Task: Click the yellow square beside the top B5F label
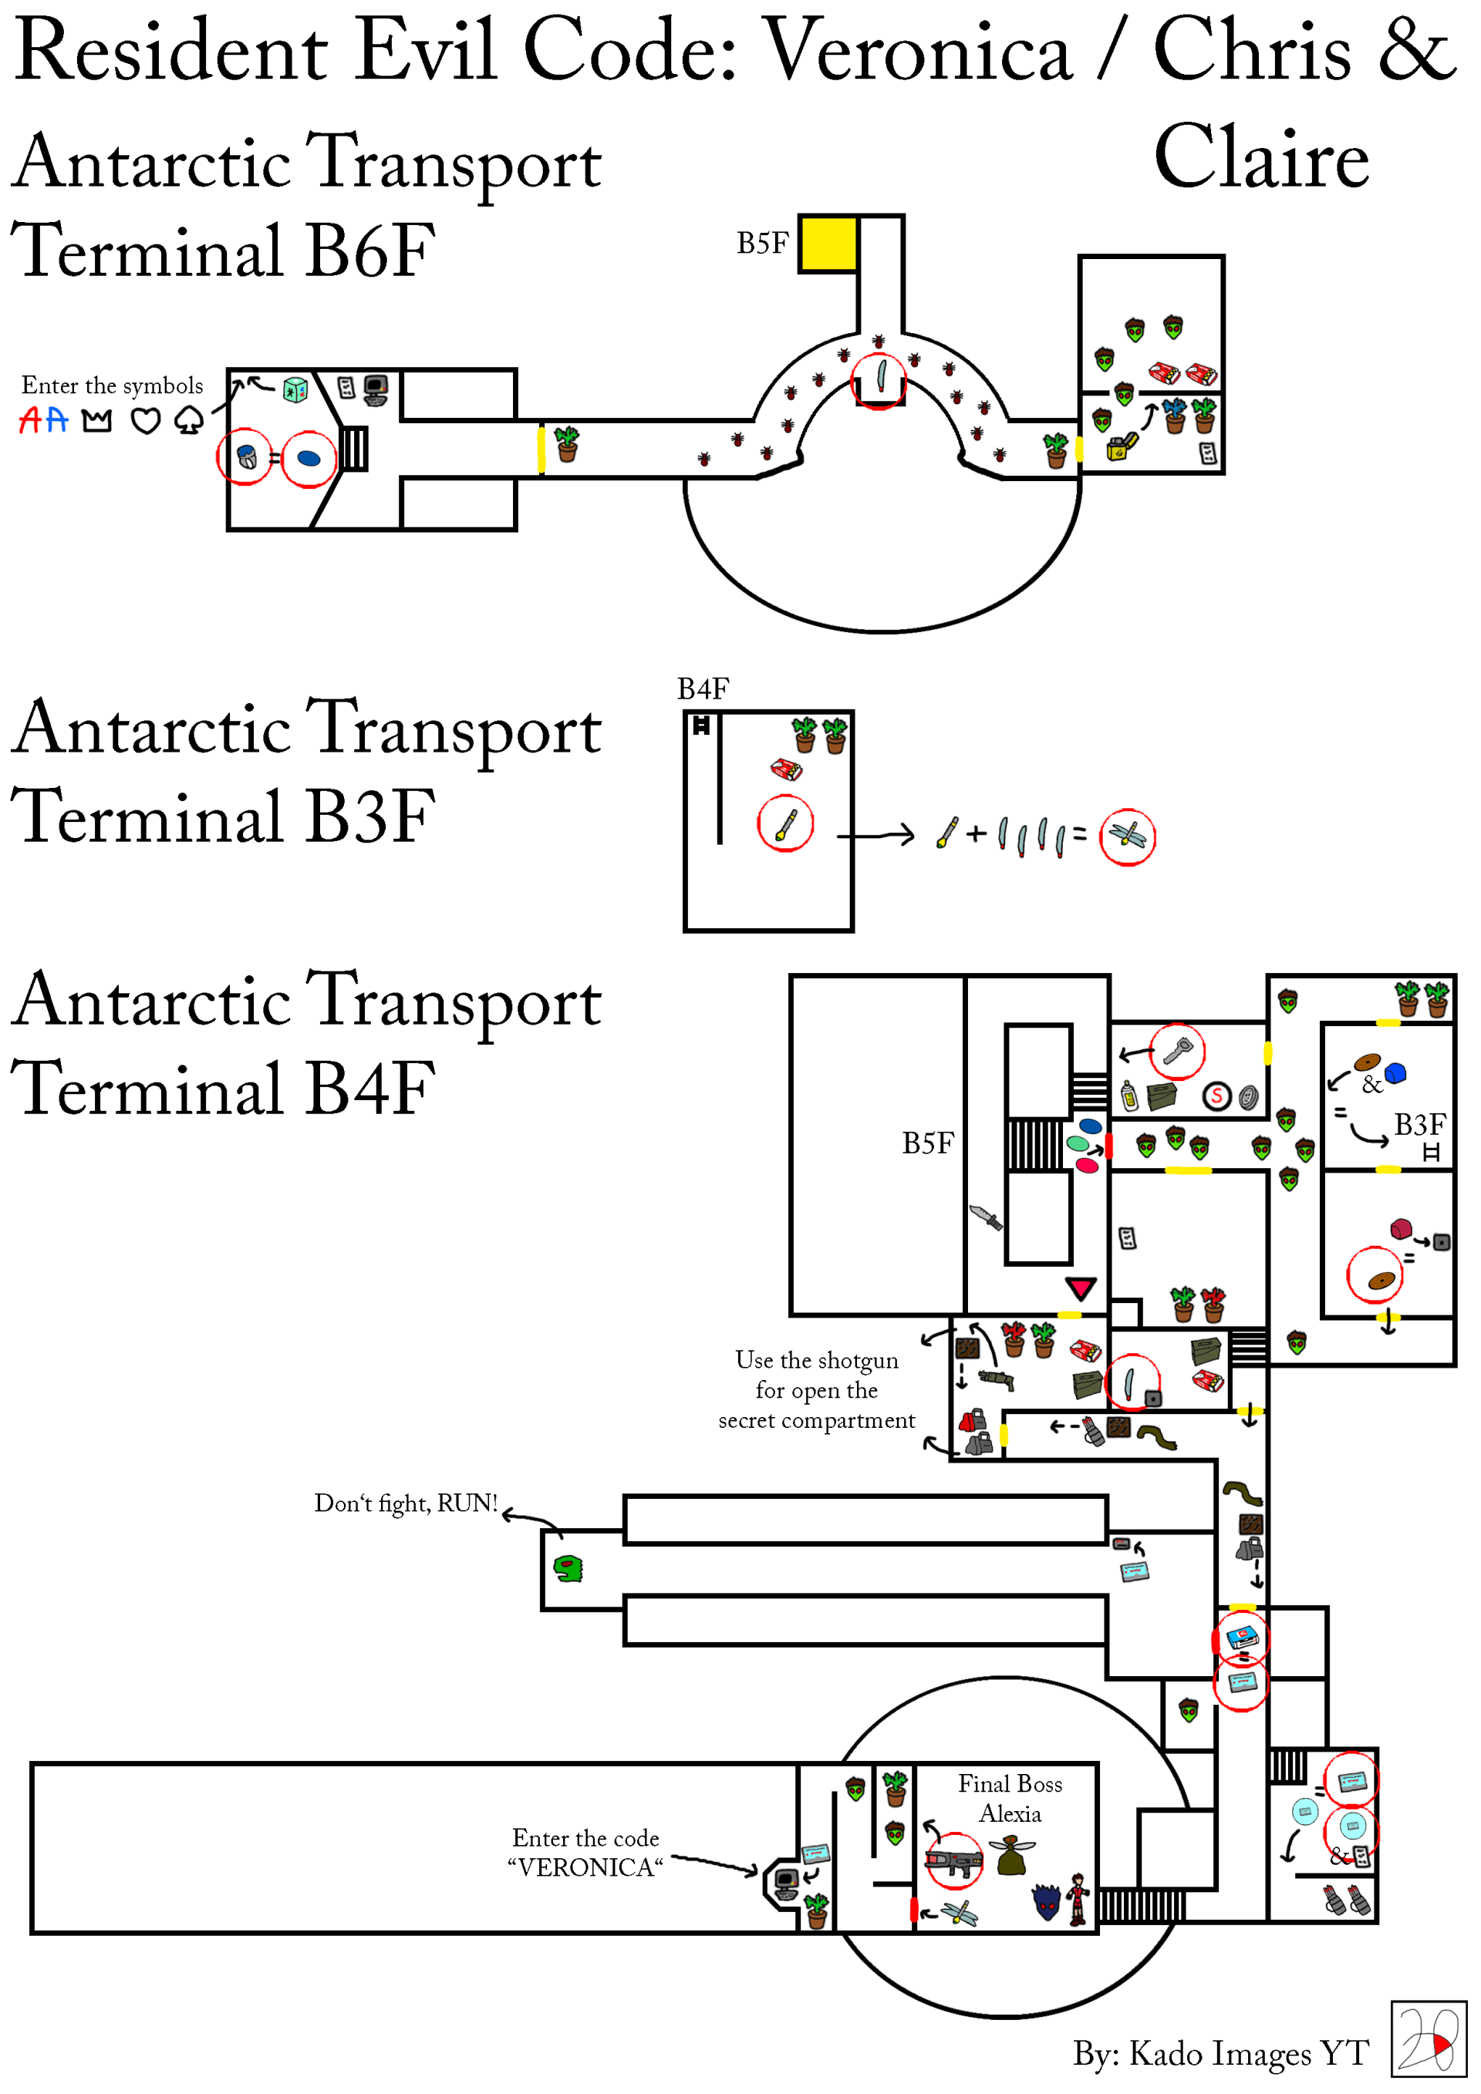[x=828, y=244]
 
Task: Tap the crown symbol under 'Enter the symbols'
[x=96, y=420]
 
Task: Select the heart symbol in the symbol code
[x=146, y=420]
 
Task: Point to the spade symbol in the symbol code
[x=189, y=420]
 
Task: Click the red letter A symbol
[x=30, y=420]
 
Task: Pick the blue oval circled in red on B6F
[x=309, y=458]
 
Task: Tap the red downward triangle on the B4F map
[x=1081, y=1288]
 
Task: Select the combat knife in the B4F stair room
[x=987, y=1217]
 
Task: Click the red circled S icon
[x=1216, y=1096]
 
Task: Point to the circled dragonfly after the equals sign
[x=1127, y=837]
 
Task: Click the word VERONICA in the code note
[x=585, y=1868]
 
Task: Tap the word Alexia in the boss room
[x=1010, y=1814]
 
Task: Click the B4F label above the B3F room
[x=703, y=688]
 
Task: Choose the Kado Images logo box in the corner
[x=1428, y=2039]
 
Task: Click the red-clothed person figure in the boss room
[x=1078, y=1900]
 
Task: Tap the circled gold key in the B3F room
[x=786, y=823]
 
